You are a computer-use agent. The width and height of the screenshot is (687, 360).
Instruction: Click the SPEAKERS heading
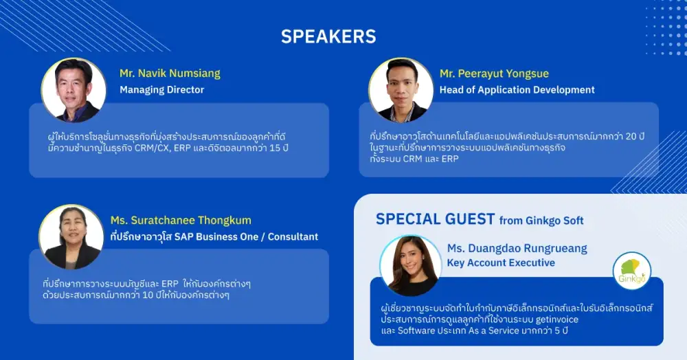click(x=328, y=36)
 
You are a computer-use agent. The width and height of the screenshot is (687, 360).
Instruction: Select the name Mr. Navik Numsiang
click(x=170, y=74)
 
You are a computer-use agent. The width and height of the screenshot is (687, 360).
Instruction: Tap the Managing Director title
click(x=162, y=90)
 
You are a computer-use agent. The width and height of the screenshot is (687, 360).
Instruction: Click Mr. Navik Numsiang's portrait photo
click(x=74, y=90)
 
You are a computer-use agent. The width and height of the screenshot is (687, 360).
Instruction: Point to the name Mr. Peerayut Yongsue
click(x=494, y=74)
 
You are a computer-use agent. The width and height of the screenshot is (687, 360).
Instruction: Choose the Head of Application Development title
click(x=517, y=90)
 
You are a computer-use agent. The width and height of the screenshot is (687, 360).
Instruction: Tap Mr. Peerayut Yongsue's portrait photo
click(x=401, y=90)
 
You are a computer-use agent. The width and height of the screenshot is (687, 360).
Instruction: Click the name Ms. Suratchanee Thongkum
click(x=181, y=221)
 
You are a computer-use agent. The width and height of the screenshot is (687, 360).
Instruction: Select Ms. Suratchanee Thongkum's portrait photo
click(x=71, y=237)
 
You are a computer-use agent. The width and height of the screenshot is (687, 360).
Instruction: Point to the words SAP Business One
click(x=216, y=237)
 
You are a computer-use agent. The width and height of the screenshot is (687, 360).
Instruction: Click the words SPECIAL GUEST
click(x=435, y=219)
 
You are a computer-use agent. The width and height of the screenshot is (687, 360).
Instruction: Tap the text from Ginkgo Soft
click(x=541, y=221)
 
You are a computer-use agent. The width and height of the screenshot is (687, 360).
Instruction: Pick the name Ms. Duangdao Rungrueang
click(x=517, y=248)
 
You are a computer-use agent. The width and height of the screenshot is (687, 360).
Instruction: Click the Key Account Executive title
click(x=501, y=262)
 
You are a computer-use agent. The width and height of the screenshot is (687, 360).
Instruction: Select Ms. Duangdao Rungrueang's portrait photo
click(x=411, y=266)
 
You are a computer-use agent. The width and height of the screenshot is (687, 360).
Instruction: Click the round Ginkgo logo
click(x=632, y=271)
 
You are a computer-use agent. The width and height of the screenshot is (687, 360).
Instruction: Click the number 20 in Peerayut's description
click(x=631, y=136)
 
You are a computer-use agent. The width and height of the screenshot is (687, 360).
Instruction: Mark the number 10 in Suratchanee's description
click(x=148, y=295)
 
